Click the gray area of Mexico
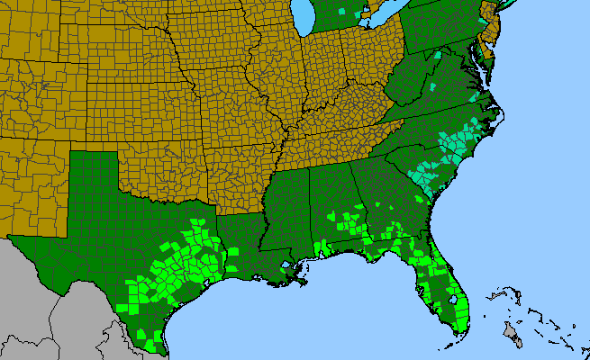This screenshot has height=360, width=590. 54,306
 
